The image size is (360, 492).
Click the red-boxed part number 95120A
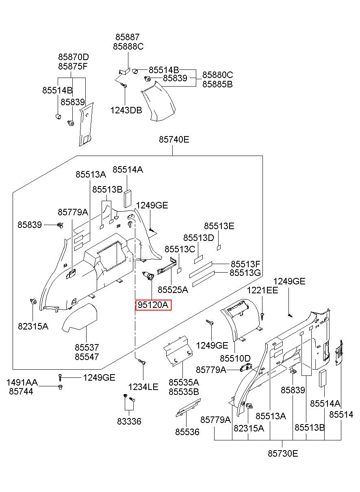coord(153,305)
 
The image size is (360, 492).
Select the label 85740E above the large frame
coord(174,139)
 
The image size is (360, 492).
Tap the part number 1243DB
coord(126,110)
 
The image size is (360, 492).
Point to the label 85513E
coord(219,226)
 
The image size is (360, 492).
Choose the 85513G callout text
coord(245,273)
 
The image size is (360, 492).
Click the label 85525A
coord(173,290)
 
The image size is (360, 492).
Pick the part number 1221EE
coord(262,290)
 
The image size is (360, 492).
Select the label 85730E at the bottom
coord(283,453)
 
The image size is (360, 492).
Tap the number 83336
coord(129,421)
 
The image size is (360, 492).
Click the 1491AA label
coord(22,382)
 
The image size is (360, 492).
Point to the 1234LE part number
coord(143,387)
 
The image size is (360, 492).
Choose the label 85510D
coord(235,358)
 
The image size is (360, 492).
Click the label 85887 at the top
coord(128,37)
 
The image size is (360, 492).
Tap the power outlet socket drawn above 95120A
coord(148,276)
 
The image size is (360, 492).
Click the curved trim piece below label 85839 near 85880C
coord(158,102)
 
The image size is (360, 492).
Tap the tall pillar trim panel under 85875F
coord(86,124)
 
